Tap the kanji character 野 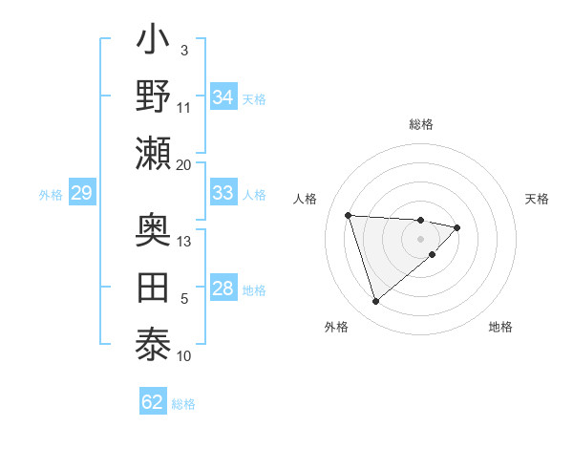(154, 97)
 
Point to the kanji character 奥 (154, 231)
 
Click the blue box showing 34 (223, 97)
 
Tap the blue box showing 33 (223, 193)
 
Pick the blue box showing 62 (153, 401)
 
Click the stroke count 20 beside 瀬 (184, 164)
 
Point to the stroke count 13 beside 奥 (184, 242)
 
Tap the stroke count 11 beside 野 (184, 107)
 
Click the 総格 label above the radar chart (421, 124)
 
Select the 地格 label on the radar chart (500, 327)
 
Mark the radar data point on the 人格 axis (349, 215)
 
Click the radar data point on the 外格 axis (375, 302)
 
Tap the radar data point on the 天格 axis (457, 227)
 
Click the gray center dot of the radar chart (421, 239)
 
